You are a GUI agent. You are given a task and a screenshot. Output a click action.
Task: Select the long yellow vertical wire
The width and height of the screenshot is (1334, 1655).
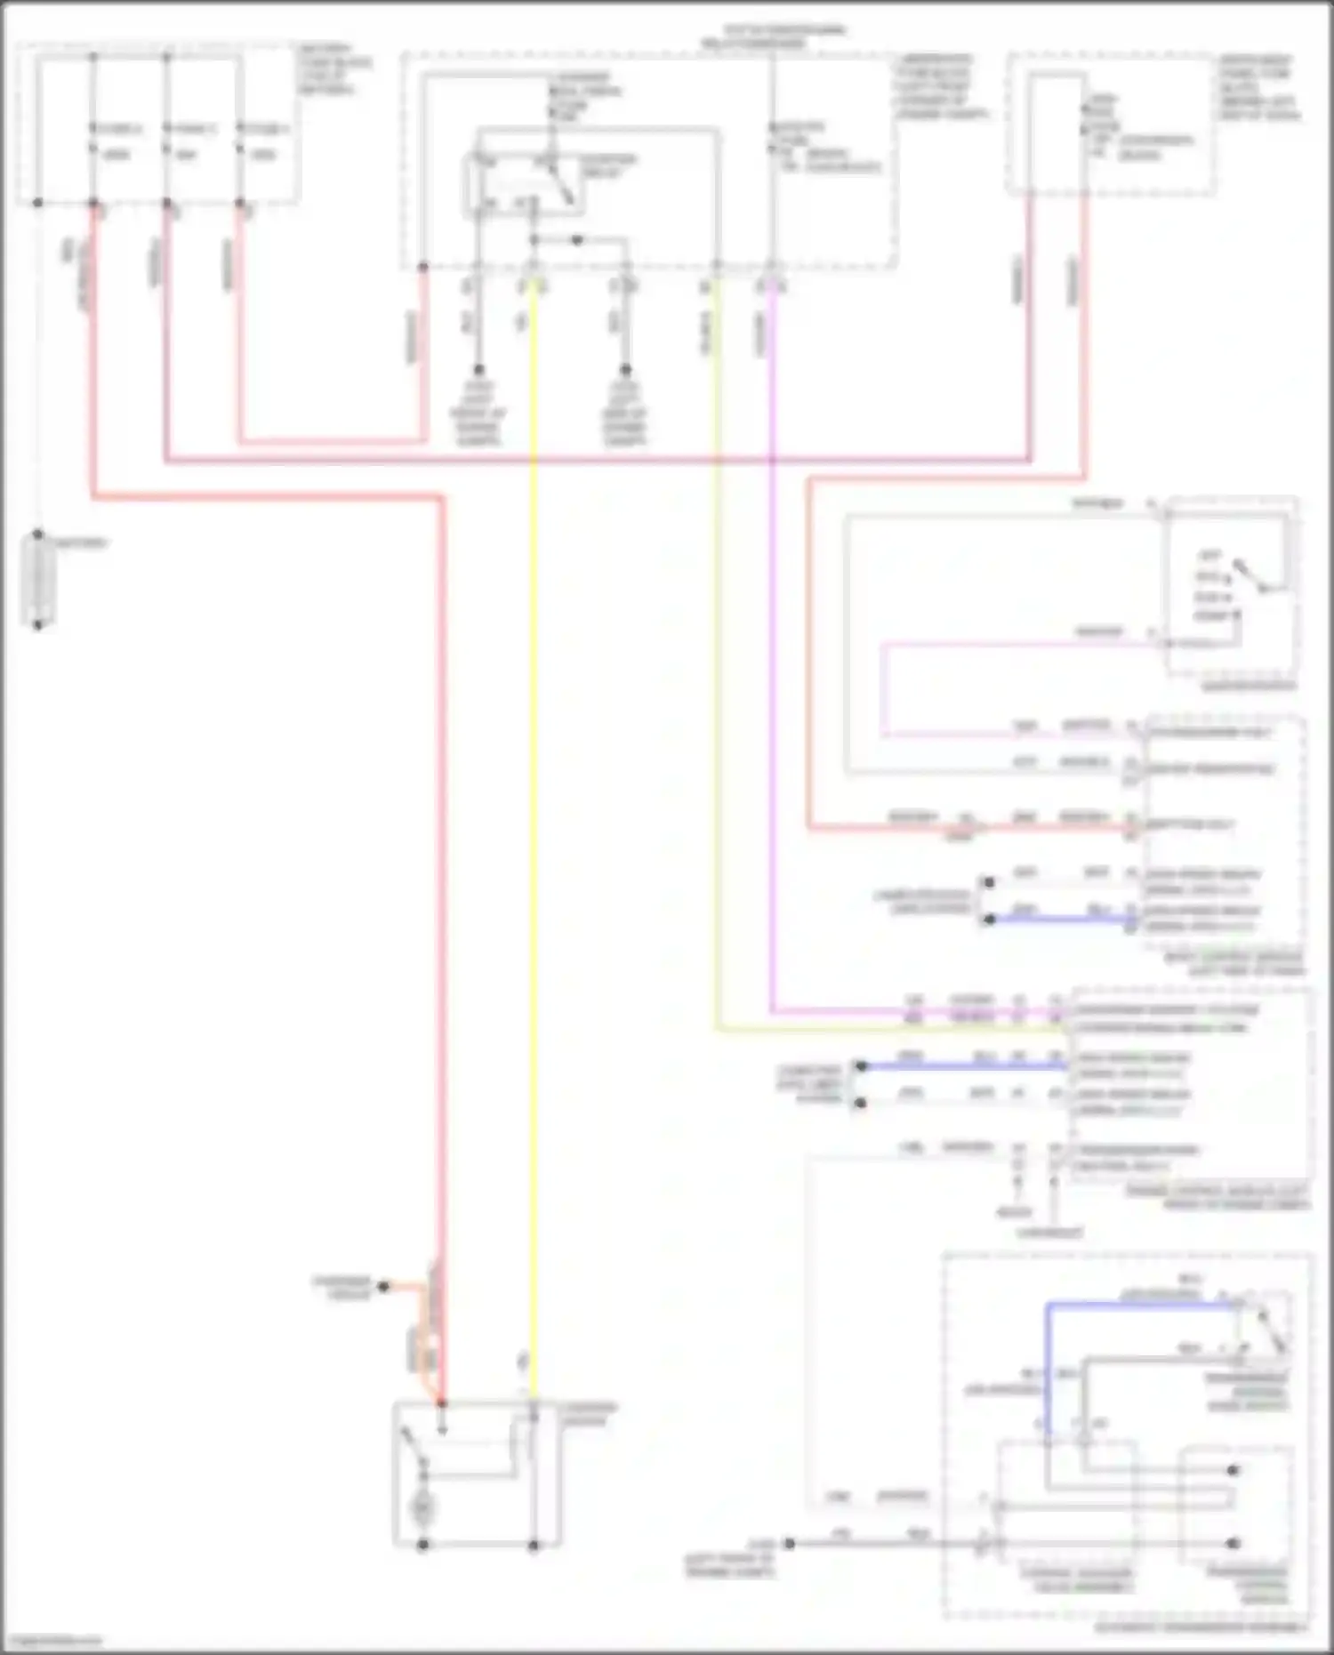click(x=534, y=800)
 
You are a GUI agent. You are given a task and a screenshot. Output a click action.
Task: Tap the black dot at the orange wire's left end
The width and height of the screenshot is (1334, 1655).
click(x=384, y=1286)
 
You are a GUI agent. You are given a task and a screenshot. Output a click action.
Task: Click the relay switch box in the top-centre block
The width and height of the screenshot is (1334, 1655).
click(x=523, y=185)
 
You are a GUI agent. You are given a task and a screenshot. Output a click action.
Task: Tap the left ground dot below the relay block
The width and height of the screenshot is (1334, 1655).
click(x=478, y=369)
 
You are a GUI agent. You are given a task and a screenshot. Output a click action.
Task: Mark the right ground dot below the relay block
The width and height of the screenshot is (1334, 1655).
click(x=625, y=369)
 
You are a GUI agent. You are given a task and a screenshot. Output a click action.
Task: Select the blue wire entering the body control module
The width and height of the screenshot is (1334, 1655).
click(x=1058, y=919)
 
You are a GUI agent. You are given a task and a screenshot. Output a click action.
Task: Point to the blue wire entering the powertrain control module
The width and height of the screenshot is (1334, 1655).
click(x=960, y=1065)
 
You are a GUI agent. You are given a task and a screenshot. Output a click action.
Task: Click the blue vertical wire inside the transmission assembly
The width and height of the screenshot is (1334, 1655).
click(x=1048, y=1370)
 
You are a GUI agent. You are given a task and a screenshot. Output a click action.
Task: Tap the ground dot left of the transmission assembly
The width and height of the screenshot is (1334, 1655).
click(x=789, y=1543)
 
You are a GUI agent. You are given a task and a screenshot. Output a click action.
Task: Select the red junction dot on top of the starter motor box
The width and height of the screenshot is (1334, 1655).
click(x=441, y=1403)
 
